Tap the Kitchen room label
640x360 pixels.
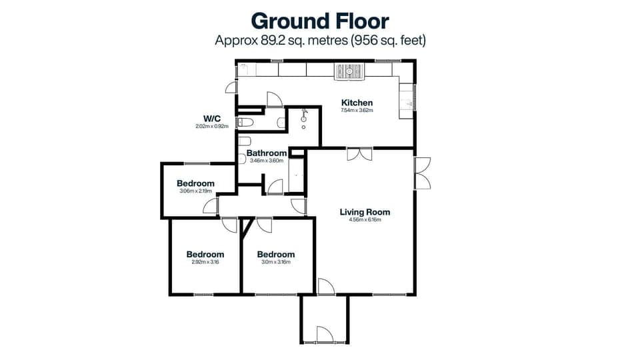coord(357,103)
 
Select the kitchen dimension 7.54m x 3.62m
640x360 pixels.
coord(357,111)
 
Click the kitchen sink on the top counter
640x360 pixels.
coord(351,71)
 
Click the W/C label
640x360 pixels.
coord(212,118)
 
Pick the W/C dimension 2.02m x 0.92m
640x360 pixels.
coord(212,126)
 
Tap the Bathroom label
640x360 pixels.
coord(267,153)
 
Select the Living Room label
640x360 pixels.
coord(365,212)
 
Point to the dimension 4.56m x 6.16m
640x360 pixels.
coord(365,221)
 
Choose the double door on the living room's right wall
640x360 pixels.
coord(422,173)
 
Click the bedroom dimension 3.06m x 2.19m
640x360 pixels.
coord(195,192)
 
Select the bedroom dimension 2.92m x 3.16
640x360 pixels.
coord(205,262)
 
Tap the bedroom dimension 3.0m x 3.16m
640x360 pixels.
coord(275,262)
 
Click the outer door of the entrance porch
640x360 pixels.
coord(324,335)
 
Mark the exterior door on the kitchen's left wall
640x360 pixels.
coord(231,87)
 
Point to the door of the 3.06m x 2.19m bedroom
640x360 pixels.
coord(211,206)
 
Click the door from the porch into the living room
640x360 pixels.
coord(325,287)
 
